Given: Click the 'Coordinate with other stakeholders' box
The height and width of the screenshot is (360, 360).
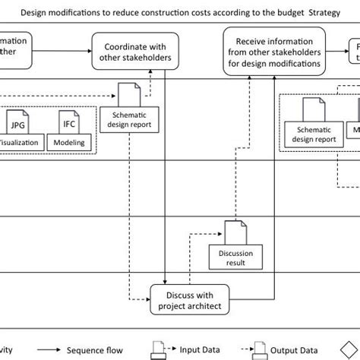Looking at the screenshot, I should tap(131, 51).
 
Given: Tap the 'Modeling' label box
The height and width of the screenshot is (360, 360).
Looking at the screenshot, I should tap(69, 142).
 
